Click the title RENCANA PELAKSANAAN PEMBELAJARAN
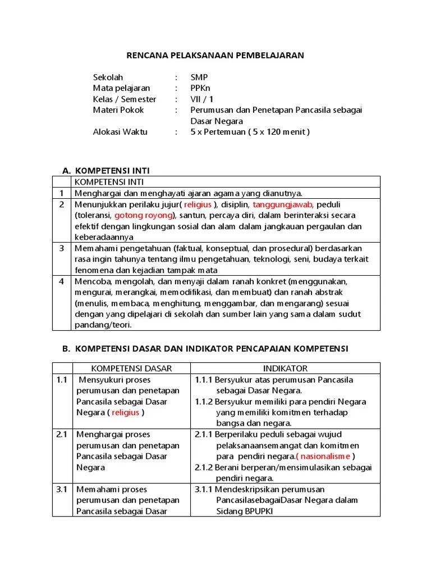coord(215,55)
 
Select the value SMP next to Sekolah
coord(199,77)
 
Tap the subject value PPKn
coord(200,88)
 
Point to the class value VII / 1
coord(202,99)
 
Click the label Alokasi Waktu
coord(120,132)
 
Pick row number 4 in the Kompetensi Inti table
coord(62,281)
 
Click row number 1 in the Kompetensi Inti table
coord(62,193)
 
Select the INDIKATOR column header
coord(285,368)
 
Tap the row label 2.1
coord(62,435)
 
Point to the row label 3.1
coord(62,489)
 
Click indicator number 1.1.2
coord(205,401)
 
